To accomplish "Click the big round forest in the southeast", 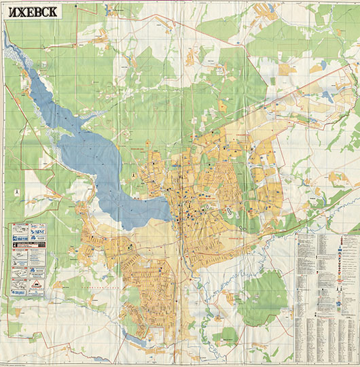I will [x=264, y=292].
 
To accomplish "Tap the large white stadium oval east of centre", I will [x=230, y=212].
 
